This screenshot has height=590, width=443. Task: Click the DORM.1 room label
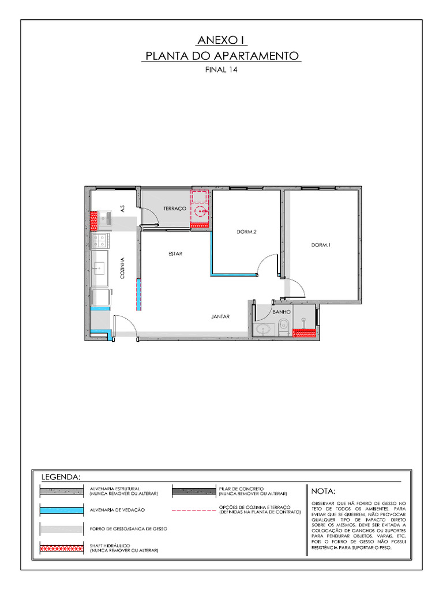321,245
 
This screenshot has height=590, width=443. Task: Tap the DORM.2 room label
246,232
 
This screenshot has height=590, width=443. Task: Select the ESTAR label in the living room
176,254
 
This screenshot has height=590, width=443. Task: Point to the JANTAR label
220,316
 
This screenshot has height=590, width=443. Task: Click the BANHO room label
281,312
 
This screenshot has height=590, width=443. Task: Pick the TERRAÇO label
174,209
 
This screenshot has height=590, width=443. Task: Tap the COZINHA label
122,268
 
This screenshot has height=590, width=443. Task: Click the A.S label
122,208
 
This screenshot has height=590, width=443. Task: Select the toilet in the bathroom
284,327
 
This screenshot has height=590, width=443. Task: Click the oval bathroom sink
263,330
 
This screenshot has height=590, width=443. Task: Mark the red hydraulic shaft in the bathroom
304,332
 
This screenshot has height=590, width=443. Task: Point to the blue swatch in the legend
60,510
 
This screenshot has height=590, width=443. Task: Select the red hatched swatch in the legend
60,548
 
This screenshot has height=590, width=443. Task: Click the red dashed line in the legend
193,510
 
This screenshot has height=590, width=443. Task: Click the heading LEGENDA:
60,477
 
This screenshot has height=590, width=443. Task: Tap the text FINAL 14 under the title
221,69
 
